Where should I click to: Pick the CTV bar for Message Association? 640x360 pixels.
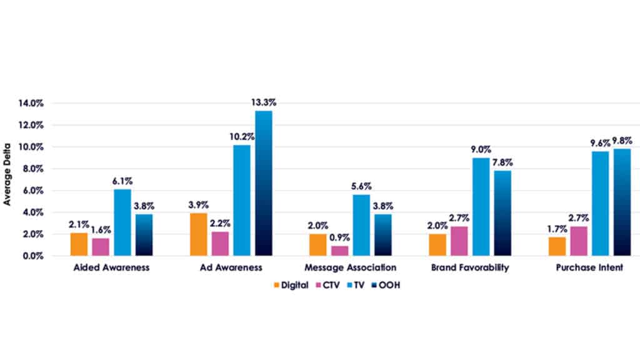tap(340, 251)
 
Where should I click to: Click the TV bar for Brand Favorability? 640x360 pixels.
tap(481, 206)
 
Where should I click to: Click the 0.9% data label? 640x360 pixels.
tap(340, 238)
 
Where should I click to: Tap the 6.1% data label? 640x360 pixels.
tap(122, 181)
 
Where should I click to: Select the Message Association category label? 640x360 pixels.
tap(351, 268)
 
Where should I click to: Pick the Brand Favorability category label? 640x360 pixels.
tap(470, 268)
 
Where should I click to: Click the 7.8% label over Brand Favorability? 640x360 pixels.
tap(502, 162)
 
